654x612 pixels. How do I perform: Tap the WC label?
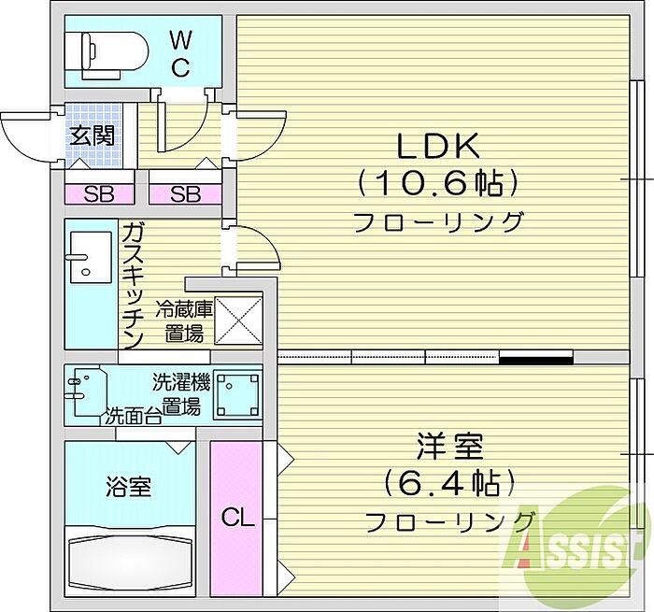181,53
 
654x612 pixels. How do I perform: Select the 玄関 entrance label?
91,135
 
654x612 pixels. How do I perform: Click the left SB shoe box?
99,194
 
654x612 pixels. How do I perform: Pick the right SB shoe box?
185,194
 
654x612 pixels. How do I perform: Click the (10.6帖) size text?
437,183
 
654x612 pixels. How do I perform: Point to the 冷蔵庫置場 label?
184,320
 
